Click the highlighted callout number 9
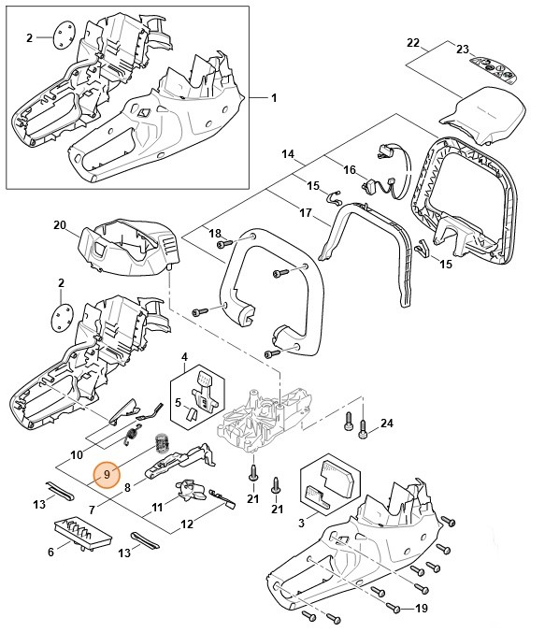coord(107,475)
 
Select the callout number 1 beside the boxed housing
coord(274,98)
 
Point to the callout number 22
coord(413,43)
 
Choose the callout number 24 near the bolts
coord(388,424)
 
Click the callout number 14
coord(288,153)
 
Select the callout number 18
coord(215,233)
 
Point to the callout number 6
coord(50,553)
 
